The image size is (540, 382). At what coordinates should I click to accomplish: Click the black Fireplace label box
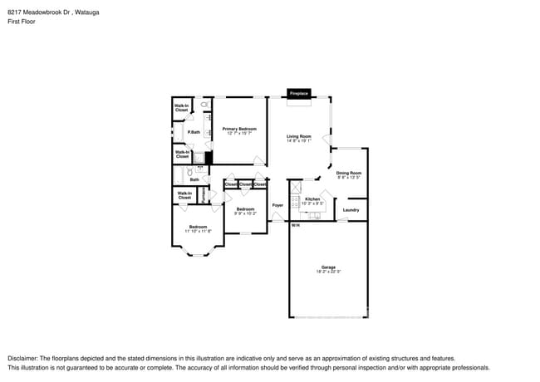(299, 94)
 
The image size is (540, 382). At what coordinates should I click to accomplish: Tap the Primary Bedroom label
(239, 129)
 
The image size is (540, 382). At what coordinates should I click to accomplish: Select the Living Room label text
(299, 136)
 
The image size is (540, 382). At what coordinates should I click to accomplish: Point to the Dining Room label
(349, 174)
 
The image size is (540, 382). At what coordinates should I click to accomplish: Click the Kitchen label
(312, 199)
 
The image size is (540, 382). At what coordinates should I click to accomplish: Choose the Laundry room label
(351, 210)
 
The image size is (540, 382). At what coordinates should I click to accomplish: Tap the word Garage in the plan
(328, 267)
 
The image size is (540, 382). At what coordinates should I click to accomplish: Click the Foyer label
(277, 204)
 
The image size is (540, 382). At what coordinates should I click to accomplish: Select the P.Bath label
(193, 133)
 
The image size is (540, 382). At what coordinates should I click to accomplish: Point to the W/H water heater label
(295, 225)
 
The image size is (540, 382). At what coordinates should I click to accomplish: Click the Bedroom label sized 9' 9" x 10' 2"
(245, 209)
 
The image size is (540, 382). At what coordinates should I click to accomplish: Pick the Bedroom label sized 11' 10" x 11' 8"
(198, 227)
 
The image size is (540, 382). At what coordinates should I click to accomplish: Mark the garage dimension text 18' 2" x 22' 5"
(328, 272)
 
